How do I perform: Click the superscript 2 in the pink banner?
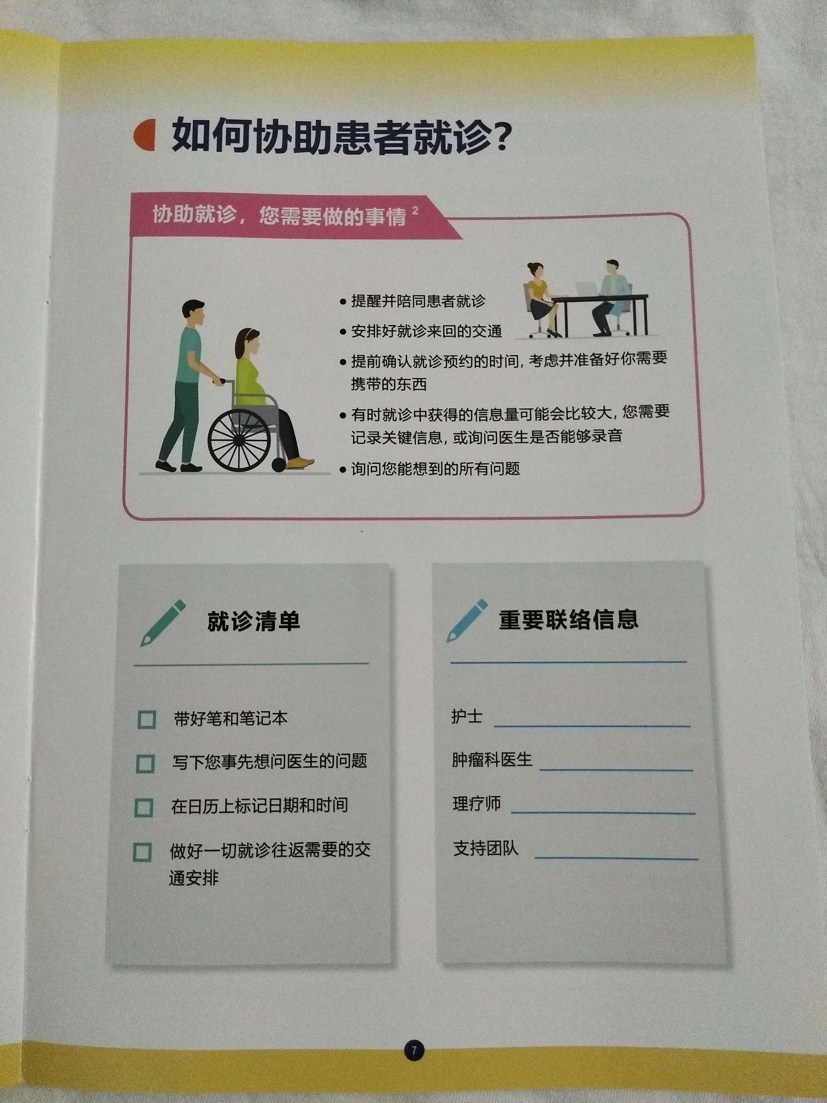pyautogui.click(x=415, y=211)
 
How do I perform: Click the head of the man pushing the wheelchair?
pyautogui.click(x=193, y=312)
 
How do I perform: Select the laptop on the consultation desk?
pyautogui.click(x=586, y=290)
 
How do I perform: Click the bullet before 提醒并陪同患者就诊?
pyautogui.click(x=343, y=302)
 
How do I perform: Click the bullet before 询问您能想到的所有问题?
pyautogui.click(x=343, y=470)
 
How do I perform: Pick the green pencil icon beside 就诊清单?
pyautogui.click(x=163, y=623)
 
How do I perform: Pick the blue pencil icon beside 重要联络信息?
pyautogui.click(x=467, y=620)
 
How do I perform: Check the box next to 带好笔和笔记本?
pyautogui.click(x=146, y=720)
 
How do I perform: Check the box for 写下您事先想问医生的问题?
pyautogui.click(x=145, y=764)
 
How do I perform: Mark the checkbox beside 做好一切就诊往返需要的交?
pyautogui.click(x=142, y=852)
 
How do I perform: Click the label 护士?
pyautogui.click(x=467, y=717)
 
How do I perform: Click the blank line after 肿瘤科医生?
pyautogui.click(x=615, y=769)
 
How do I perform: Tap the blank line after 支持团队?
pyautogui.click(x=615, y=858)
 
